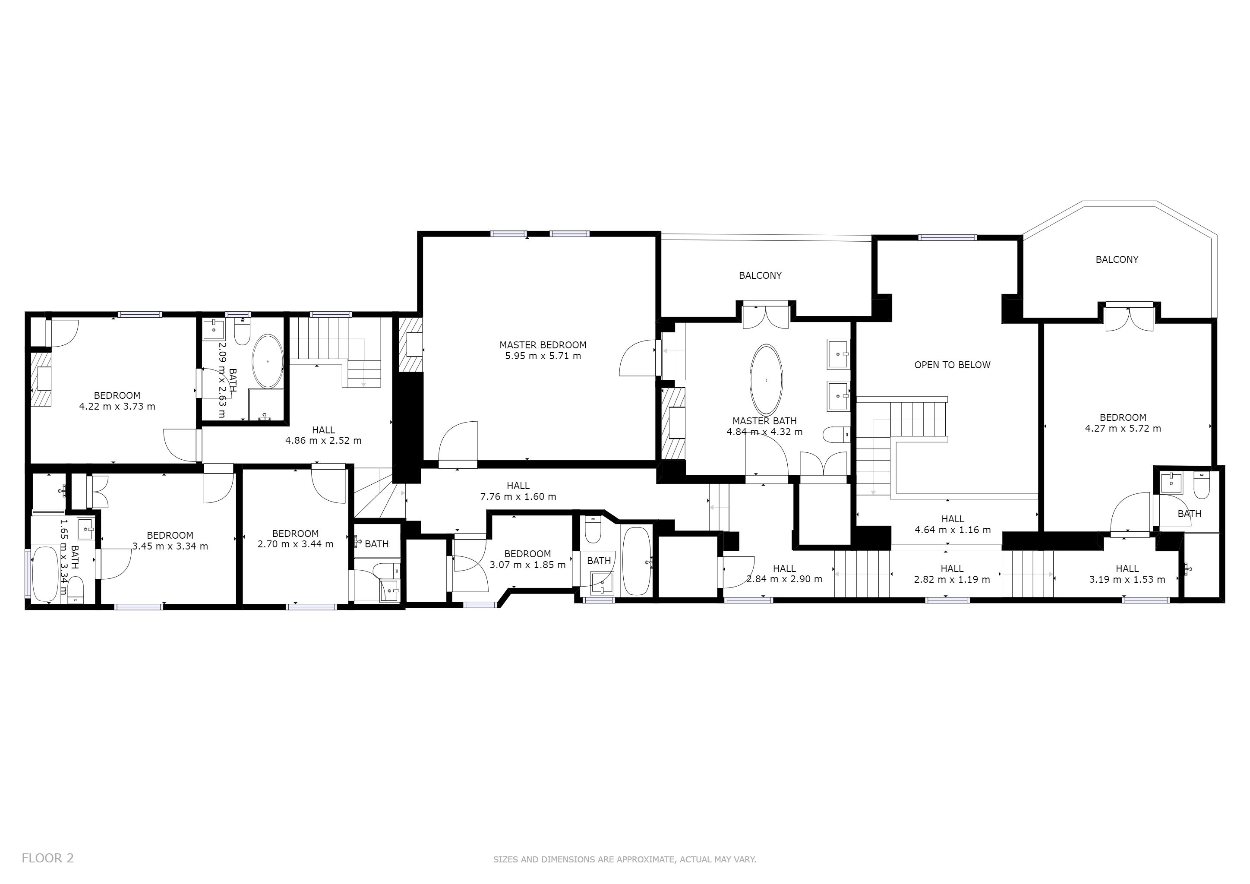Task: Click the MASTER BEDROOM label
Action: point(543,344)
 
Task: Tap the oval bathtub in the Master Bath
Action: point(766,380)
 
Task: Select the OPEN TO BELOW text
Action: point(952,365)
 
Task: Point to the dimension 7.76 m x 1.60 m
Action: point(518,496)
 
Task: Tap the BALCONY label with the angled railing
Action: point(1117,260)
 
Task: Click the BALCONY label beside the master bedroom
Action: point(760,275)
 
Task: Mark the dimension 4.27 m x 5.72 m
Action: point(1123,428)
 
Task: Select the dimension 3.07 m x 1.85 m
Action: point(527,565)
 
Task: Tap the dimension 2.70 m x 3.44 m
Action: point(295,544)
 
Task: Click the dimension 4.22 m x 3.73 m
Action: point(117,406)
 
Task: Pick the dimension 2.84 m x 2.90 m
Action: point(784,579)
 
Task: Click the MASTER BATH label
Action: point(764,421)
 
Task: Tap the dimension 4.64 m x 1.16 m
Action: point(952,530)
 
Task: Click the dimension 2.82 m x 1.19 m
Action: point(952,580)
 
